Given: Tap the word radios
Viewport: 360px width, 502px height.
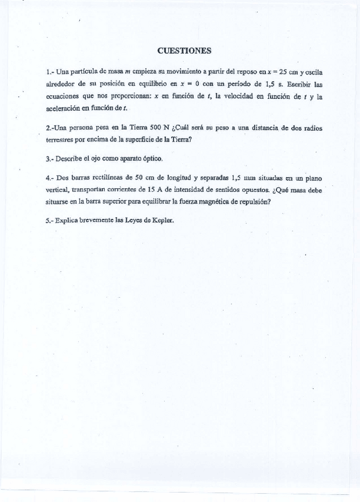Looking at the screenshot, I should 313,128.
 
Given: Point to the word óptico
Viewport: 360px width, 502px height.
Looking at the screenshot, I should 150,159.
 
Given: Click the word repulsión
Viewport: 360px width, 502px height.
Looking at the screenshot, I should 253,201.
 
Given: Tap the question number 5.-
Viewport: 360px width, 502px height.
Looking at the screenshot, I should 50,220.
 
